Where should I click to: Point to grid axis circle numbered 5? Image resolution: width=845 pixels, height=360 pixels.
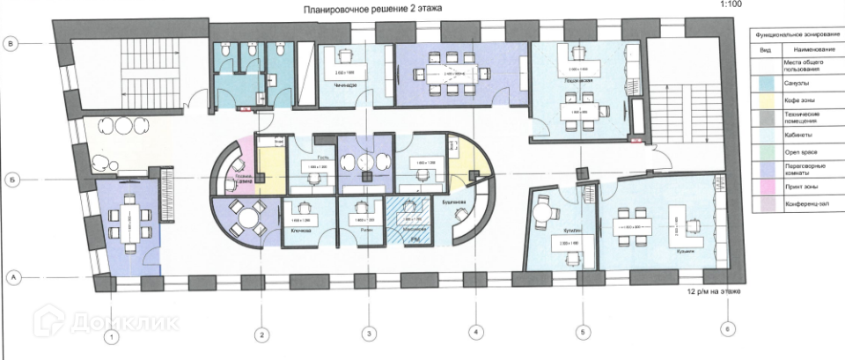tap(581, 333)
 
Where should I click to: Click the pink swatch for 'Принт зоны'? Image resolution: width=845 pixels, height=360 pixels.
tap(762, 187)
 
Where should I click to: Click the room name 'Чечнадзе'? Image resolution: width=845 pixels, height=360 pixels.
tap(344, 84)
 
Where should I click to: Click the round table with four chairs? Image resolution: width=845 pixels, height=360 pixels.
tap(249, 214)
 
